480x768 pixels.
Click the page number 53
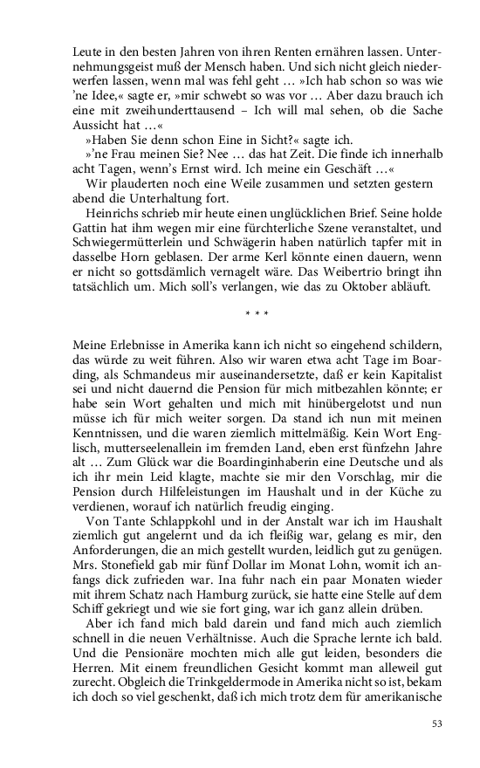(438, 723)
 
